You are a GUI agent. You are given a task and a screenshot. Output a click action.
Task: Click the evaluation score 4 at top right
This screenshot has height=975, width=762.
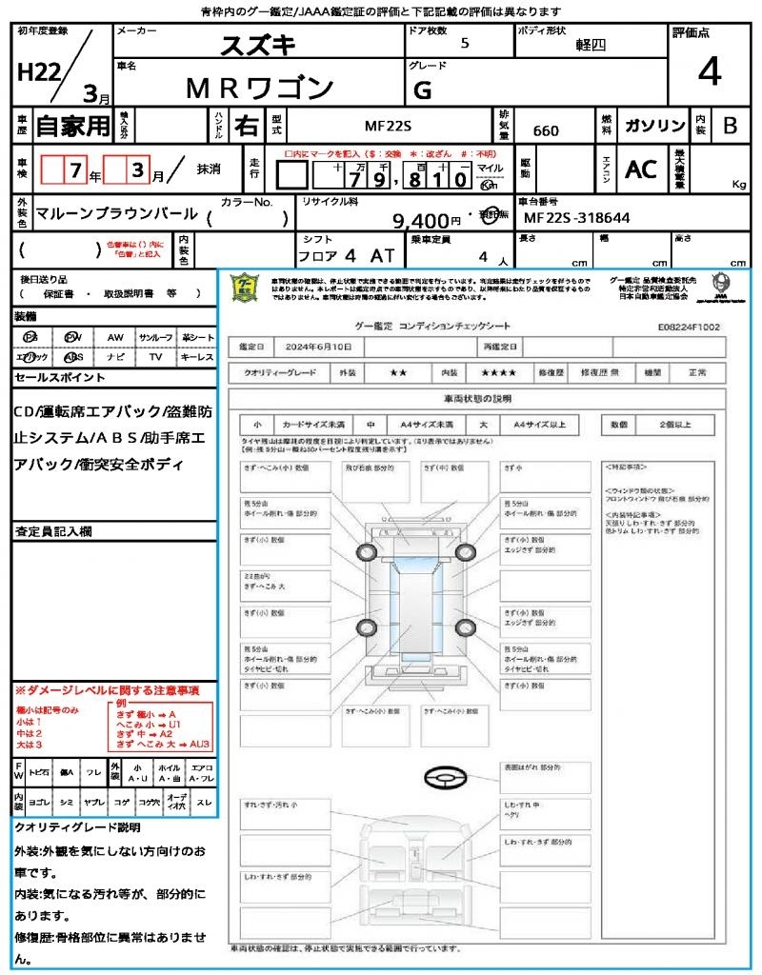click(x=709, y=72)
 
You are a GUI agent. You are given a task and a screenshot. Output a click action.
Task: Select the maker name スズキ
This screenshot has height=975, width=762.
click(x=259, y=45)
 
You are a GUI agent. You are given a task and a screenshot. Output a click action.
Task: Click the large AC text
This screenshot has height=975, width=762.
click(x=641, y=169)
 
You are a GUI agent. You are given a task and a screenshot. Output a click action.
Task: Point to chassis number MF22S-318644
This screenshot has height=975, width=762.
click(x=577, y=218)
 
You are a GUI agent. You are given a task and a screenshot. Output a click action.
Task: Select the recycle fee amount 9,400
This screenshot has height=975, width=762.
click(x=427, y=221)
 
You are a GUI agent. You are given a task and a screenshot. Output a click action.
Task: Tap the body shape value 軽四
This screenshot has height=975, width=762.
click(x=591, y=45)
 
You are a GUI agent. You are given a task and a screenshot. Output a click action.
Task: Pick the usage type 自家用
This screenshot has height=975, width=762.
click(x=73, y=126)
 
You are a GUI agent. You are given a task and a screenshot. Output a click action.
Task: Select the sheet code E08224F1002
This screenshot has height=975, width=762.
click(x=689, y=327)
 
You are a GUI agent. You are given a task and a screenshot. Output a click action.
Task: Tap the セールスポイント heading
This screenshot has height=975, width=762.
click(x=60, y=378)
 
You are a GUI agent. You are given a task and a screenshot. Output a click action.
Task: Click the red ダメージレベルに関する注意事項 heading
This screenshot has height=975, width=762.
click(x=107, y=689)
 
